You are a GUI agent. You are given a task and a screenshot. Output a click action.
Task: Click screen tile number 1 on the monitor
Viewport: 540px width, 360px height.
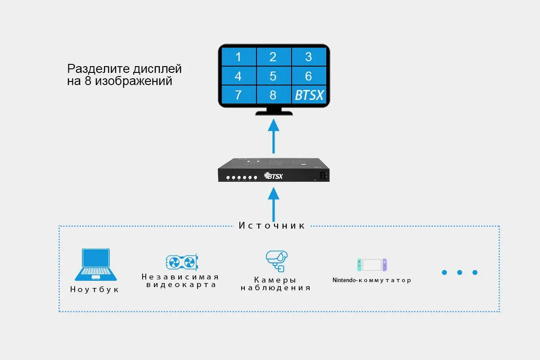pos(238,57)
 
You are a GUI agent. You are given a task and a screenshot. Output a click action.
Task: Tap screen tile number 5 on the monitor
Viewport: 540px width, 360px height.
pos(273,76)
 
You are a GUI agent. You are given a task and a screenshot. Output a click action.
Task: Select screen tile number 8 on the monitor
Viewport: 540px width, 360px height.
pos(273,95)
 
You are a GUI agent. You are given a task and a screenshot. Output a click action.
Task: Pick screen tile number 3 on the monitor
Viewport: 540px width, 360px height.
pos(308,57)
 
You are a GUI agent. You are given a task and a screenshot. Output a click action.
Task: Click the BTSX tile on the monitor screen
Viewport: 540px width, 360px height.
pos(309,95)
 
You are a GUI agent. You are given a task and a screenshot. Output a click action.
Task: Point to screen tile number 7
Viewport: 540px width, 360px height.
pos(238,95)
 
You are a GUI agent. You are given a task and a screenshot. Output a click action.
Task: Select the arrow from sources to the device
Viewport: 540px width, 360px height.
pos(273,204)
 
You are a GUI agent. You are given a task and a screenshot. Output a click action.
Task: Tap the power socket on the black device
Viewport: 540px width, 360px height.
pos(322,175)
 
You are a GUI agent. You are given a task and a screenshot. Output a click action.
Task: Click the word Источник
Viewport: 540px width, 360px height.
pos(272,225)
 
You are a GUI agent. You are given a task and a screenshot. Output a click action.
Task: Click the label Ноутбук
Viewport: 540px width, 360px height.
pos(95,289)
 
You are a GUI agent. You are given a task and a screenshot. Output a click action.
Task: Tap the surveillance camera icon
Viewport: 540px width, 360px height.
pos(275,261)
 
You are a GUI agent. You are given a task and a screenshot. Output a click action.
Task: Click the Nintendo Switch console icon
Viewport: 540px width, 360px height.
pos(372,265)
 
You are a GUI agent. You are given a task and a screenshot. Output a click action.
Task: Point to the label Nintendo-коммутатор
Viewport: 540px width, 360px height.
pos(372,280)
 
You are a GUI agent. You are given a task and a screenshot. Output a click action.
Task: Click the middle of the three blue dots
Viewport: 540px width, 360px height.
pos(459,272)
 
